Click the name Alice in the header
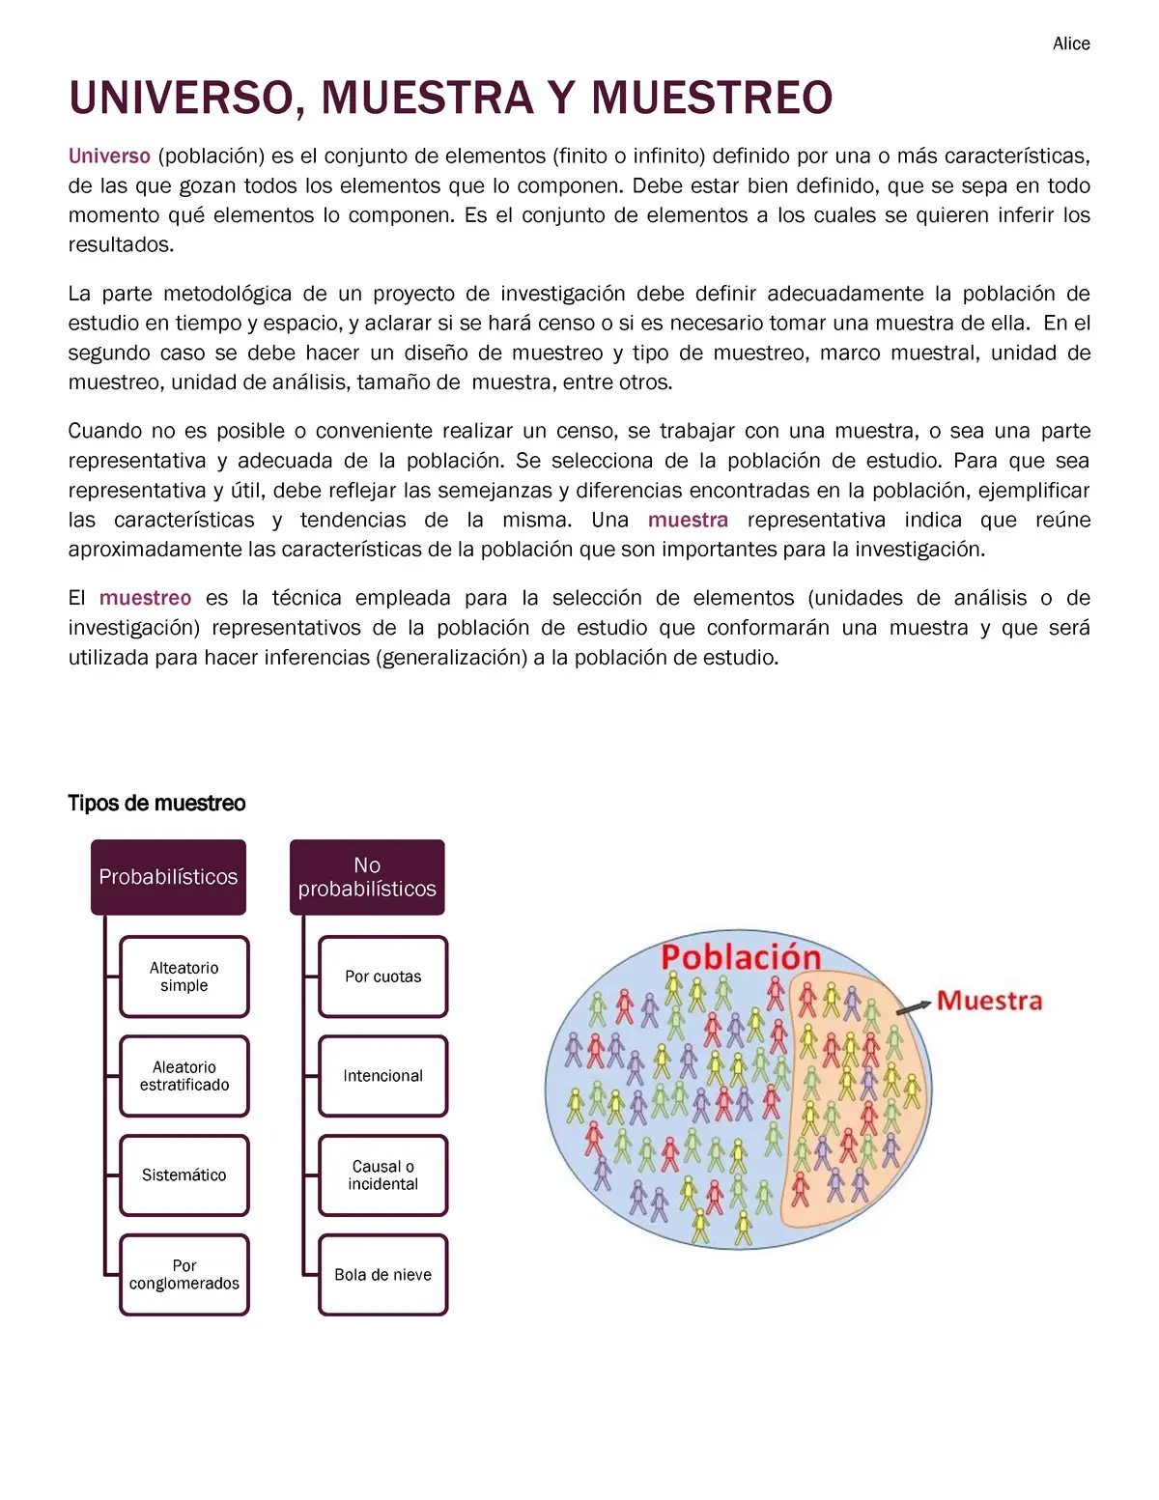pyautogui.click(x=1071, y=43)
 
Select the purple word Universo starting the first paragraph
pyautogui.click(x=109, y=156)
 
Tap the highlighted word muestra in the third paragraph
pyautogui.click(x=688, y=520)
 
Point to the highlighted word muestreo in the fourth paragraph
pyautogui.click(x=145, y=598)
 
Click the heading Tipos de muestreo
pyautogui.click(x=156, y=803)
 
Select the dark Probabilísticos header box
pyautogui.click(x=168, y=877)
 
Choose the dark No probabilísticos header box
pyautogui.click(x=367, y=877)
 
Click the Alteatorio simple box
pyautogui.click(x=184, y=976)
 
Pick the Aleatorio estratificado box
pyautogui.click(x=184, y=1076)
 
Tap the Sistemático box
pyautogui.click(x=184, y=1175)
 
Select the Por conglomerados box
pyautogui.click(x=184, y=1275)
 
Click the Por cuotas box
pyautogui.click(x=383, y=976)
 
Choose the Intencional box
pyautogui.click(x=383, y=1076)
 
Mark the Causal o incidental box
pyautogui.click(x=383, y=1175)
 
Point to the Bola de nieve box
pyautogui.click(x=383, y=1275)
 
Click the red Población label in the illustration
pyautogui.click(x=741, y=957)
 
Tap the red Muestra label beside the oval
pyautogui.click(x=990, y=1001)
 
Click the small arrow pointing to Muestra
pyautogui.click(x=913, y=1007)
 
